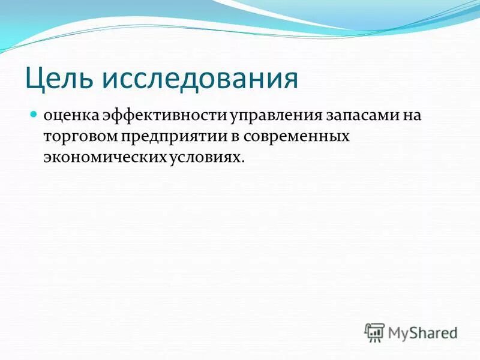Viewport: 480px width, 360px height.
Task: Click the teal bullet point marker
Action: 34,113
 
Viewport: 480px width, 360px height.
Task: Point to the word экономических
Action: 103,157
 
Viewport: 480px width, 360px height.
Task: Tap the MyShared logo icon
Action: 374,331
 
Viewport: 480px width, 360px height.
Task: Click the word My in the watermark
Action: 400,332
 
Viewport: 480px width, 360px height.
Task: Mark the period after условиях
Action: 243,161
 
